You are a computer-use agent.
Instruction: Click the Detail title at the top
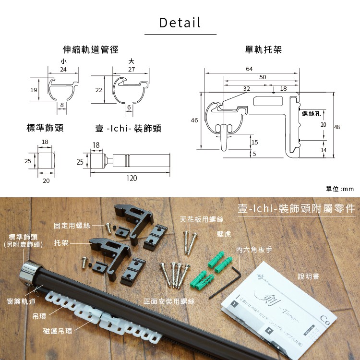pyautogui.click(x=180, y=23)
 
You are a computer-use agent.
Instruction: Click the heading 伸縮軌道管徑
pyautogui.click(x=91, y=49)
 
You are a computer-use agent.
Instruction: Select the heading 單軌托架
pyautogui.click(x=263, y=49)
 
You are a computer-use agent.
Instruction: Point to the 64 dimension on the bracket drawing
pyautogui.click(x=249, y=69)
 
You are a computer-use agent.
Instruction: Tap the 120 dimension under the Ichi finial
pyautogui.click(x=131, y=178)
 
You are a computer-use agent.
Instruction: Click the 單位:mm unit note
pyautogui.click(x=339, y=189)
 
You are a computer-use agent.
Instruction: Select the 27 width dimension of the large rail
pyautogui.click(x=132, y=70)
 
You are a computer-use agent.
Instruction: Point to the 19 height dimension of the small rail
pyautogui.click(x=34, y=90)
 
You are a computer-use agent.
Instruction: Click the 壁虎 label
pyautogui.click(x=224, y=235)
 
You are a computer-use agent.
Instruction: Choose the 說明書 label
pyautogui.click(x=309, y=276)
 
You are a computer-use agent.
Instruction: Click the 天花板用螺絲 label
pyautogui.click(x=202, y=219)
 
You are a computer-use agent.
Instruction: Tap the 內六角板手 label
pyautogui.click(x=254, y=250)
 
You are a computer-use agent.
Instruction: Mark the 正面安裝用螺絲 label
pyautogui.click(x=169, y=301)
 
